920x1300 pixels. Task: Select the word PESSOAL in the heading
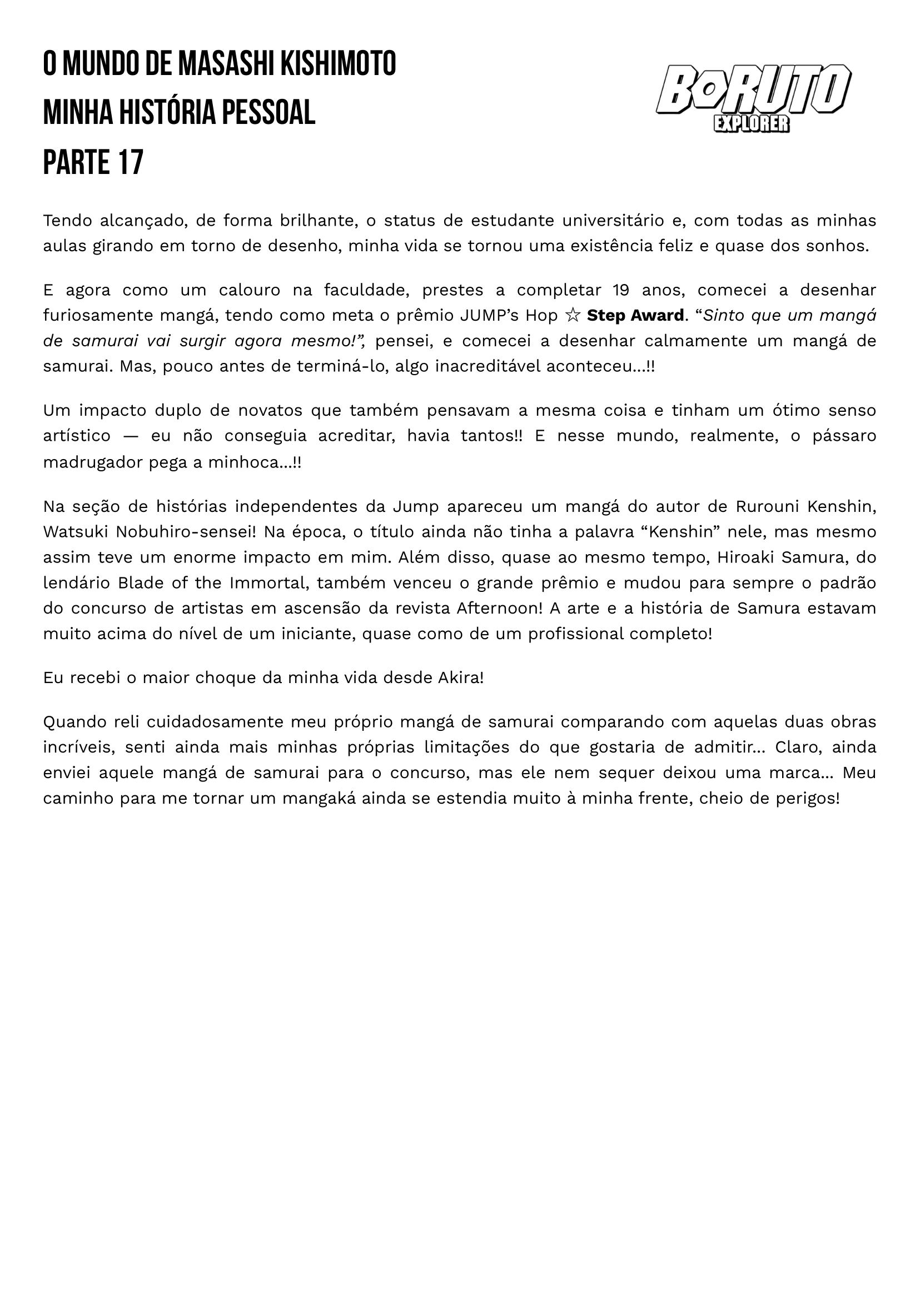tap(268, 113)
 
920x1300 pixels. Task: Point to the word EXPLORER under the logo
tap(751, 124)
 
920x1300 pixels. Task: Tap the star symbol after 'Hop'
tap(573, 316)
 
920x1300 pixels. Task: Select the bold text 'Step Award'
tap(635, 316)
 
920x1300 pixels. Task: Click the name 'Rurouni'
tap(767, 506)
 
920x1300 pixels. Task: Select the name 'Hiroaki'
tap(744, 557)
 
